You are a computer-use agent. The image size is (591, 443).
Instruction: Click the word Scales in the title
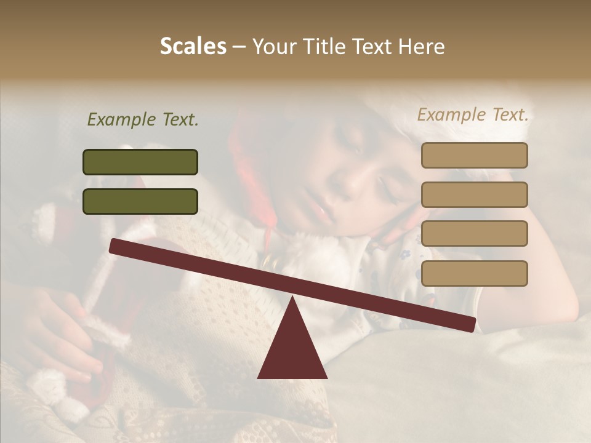[193, 47]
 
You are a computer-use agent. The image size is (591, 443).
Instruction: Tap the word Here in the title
[422, 47]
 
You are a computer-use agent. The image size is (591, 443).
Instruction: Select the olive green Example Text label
[143, 119]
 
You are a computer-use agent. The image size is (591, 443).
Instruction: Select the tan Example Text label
[473, 114]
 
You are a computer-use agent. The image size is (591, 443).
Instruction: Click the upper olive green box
[140, 162]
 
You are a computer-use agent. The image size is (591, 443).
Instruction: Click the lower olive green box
[140, 201]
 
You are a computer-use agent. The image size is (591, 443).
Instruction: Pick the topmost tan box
[474, 156]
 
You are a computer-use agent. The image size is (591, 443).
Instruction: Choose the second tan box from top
[474, 194]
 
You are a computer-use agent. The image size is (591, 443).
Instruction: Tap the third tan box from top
[474, 234]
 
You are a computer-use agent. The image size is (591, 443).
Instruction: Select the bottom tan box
[474, 273]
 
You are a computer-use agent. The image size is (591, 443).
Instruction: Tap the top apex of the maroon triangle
[292, 298]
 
